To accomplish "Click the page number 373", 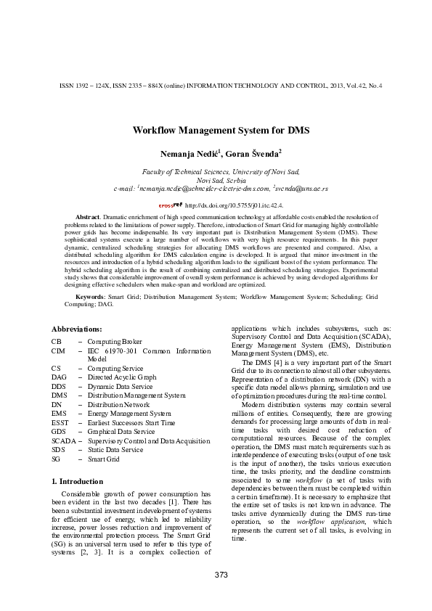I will [221, 575].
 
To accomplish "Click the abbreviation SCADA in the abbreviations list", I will [63, 440].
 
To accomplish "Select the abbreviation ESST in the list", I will [60, 422].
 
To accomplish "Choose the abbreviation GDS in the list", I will [58, 432].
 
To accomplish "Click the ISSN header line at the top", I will [221, 86].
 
